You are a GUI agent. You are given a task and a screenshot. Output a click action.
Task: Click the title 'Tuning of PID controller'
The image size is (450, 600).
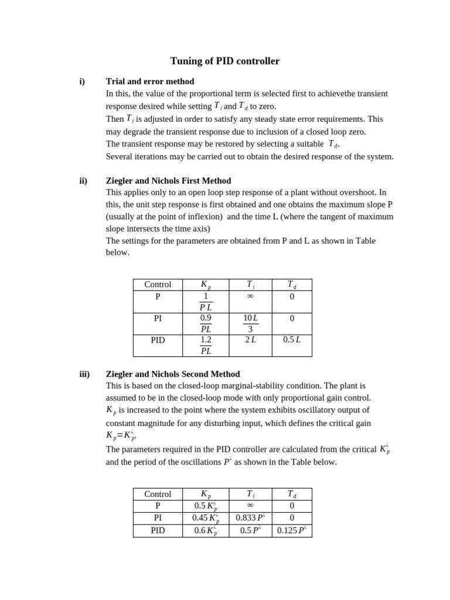pyautogui.click(x=224, y=61)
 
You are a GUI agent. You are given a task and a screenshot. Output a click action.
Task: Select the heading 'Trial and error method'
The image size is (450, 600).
pyautogui.click(x=150, y=81)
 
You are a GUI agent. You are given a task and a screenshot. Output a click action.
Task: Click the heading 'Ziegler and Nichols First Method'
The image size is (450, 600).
pyautogui.click(x=168, y=180)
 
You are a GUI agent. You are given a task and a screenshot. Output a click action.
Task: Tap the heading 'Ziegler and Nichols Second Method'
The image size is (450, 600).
pyautogui.click(x=173, y=374)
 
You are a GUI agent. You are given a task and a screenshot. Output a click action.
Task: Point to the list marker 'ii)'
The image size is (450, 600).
pyautogui.click(x=83, y=180)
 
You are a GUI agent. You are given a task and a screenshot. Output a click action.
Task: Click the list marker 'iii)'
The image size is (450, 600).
pyautogui.click(x=84, y=374)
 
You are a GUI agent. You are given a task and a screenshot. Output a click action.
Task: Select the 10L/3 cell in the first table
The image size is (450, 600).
pyautogui.click(x=250, y=323)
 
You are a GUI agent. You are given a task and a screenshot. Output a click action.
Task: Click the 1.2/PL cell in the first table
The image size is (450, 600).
pyautogui.click(x=206, y=345)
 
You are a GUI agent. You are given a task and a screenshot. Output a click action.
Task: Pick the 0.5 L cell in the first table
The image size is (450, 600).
pyautogui.click(x=291, y=340)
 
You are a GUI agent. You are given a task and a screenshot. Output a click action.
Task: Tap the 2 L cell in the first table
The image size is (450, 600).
pyautogui.click(x=250, y=340)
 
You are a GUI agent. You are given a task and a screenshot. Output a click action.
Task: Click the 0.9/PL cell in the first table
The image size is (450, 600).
pyautogui.click(x=206, y=323)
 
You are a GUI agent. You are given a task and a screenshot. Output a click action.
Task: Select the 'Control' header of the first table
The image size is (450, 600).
pyautogui.click(x=158, y=285)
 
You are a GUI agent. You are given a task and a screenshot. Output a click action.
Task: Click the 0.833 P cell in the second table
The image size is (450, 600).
pyautogui.click(x=250, y=518)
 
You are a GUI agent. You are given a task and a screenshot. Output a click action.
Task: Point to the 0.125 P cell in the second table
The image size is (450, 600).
pyautogui.click(x=291, y=531)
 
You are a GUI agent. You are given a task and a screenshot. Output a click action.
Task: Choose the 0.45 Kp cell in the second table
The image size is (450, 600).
pyautogui.click(x=206, y=518)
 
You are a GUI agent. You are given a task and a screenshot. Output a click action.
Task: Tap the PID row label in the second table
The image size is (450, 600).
pyautogui.click(x=158, y=531)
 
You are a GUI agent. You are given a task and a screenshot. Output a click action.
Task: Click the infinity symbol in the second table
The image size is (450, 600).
pyautogui.click(x=250, y=505)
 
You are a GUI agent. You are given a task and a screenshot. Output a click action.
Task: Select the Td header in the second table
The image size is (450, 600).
pyautogui.click(x=291, y=494)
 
